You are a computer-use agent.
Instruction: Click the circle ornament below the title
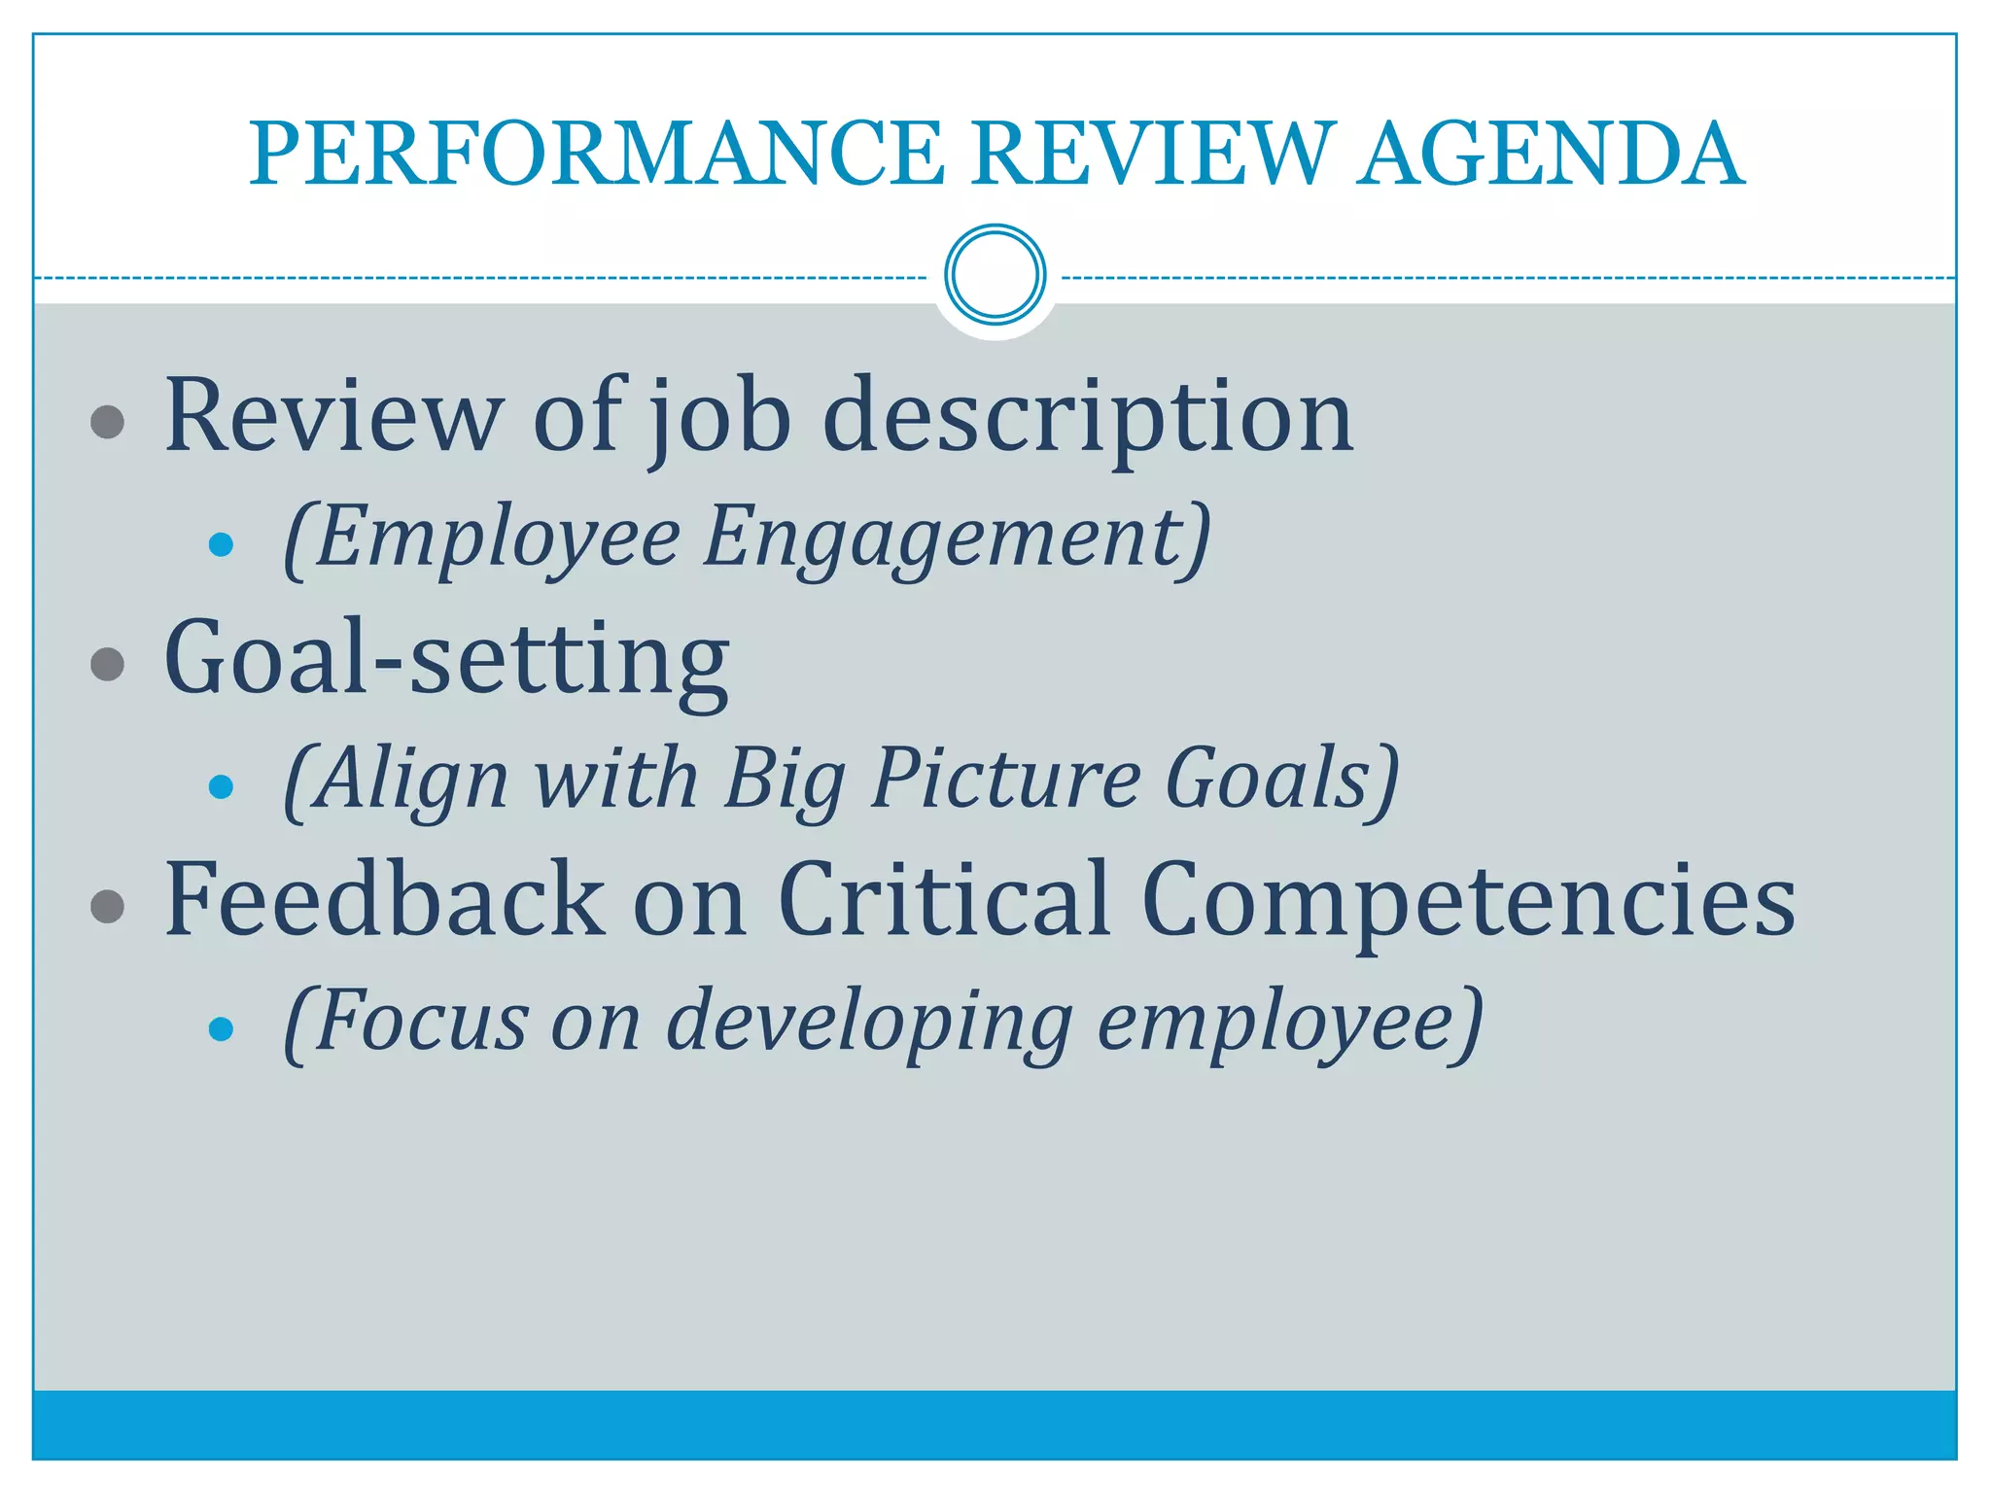tap(995, 275)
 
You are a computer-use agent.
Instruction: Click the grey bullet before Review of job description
tap(107, 422)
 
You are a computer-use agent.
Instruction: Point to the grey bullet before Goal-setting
tap(107, 665)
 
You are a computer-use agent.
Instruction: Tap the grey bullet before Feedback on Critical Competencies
tap(107, 907)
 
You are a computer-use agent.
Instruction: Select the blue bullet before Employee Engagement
tap(222, 544)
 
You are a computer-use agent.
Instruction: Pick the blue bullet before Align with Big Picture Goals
tap(222, 786)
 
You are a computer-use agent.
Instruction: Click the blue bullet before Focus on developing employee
tap(222, 1028)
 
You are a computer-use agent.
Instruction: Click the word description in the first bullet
tap(1088, 418)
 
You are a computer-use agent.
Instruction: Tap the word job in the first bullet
tap(720, 418)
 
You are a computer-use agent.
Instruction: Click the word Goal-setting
tap(446, 661)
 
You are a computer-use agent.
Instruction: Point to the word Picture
tap(1005, 779)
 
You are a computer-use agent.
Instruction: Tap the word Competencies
tap(1468, 902)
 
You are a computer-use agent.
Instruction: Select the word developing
tap(870, 1023)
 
